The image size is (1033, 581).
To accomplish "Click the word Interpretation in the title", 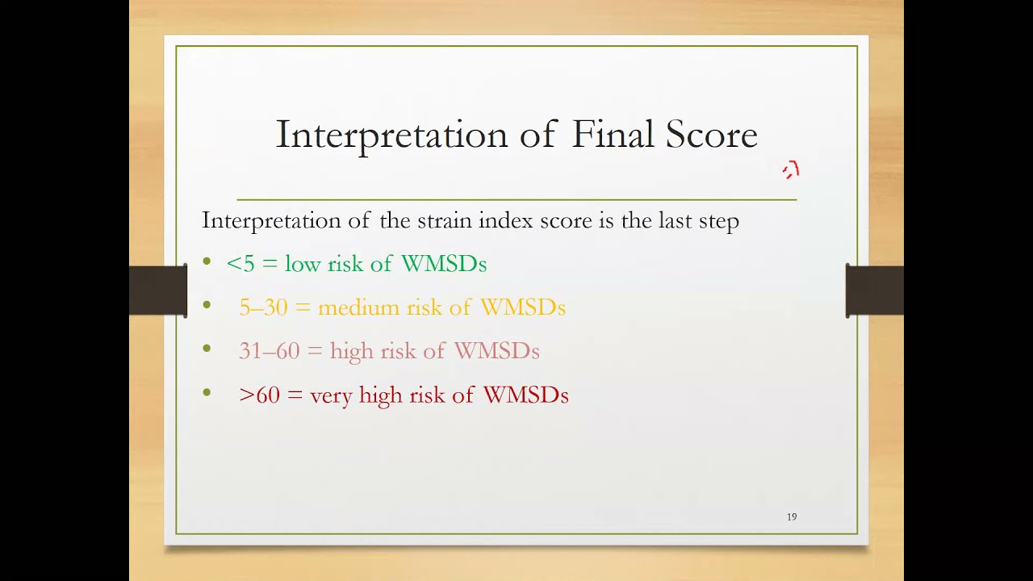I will click(392, 136).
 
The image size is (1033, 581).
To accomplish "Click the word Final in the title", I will click(613, 135).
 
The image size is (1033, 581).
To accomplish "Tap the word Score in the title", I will click(711, 135).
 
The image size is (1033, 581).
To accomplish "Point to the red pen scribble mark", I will click(791, 170).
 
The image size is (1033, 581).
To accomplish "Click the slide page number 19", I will click(792, 516).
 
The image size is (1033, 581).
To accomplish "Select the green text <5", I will click(240, 264).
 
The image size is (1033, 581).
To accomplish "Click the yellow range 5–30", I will click(263, 307).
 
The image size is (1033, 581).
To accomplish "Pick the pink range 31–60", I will click(269, 351).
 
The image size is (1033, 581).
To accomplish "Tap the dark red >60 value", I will click(259, 395).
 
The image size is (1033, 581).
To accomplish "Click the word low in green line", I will click(303, 264).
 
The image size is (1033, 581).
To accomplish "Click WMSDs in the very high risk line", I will click(525, 395).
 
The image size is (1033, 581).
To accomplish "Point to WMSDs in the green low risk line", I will click(443, 264).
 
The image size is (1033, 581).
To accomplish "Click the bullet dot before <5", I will click(207, 261).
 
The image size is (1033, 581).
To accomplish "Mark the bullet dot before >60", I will click(207, 393).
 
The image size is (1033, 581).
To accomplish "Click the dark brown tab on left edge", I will click(158, 290).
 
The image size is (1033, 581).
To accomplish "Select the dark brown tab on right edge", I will click(874, 290).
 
